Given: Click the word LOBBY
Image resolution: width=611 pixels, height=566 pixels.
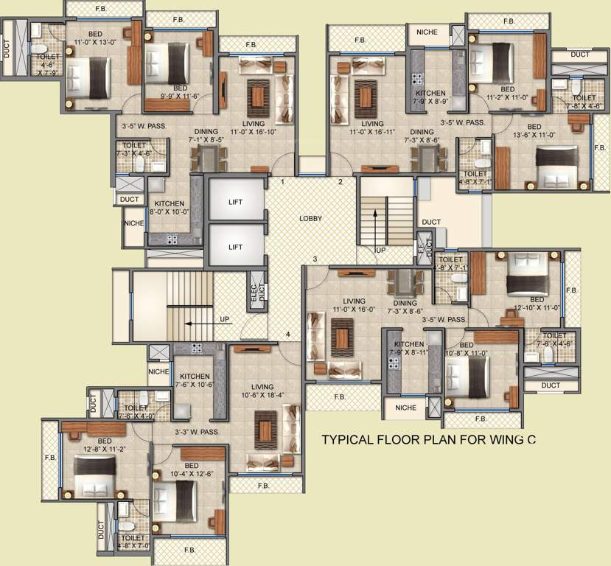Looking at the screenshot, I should [310, 219].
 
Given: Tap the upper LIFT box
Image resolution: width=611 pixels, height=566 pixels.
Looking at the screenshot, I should [234, 200].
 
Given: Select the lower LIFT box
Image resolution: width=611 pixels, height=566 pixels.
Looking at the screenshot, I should [234, 247].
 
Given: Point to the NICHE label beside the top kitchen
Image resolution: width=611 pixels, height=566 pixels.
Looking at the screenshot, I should [427, 32].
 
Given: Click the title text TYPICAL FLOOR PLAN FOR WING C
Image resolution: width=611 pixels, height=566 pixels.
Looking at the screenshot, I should [427, 441].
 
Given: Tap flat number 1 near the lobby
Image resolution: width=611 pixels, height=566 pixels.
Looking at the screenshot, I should [282, 181].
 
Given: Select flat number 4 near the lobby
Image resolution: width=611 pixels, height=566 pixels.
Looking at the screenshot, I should [288, 335].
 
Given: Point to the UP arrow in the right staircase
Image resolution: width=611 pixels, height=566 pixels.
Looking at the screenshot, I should [375, 221].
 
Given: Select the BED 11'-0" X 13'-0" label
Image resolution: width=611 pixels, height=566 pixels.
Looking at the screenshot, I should [96, 38].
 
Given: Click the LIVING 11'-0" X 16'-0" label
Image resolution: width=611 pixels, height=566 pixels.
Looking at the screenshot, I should [354, 306].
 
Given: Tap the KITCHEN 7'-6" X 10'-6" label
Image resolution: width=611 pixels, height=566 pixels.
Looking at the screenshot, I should [195, 380].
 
